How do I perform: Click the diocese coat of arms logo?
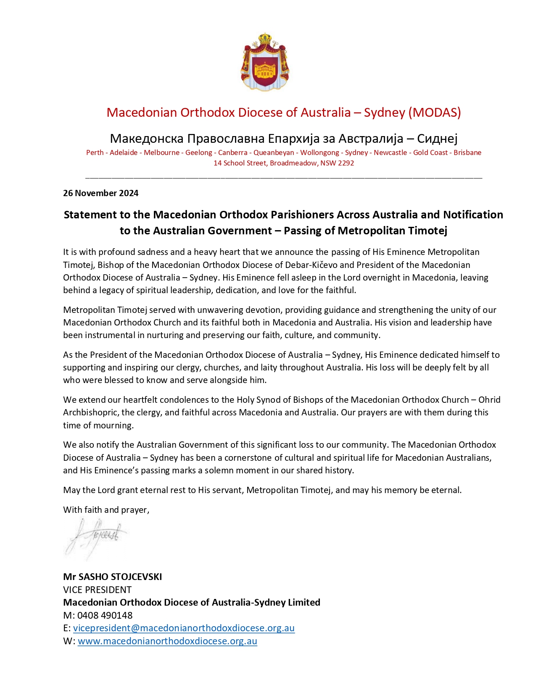[265, 62]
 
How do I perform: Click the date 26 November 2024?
[100, 193]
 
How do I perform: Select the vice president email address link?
[184, 628]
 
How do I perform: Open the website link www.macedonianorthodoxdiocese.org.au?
[167, 641]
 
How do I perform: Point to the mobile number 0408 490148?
[105, 615]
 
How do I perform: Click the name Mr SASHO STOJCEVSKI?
[112, 577]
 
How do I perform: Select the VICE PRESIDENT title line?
[97, 590]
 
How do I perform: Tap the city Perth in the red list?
[95, 152]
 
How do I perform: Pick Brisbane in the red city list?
[467, 152]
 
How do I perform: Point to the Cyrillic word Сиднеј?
[437, 139]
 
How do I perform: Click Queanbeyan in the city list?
[274, 152]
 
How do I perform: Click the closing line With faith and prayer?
[106, 510]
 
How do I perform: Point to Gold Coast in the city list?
[430, 152]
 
